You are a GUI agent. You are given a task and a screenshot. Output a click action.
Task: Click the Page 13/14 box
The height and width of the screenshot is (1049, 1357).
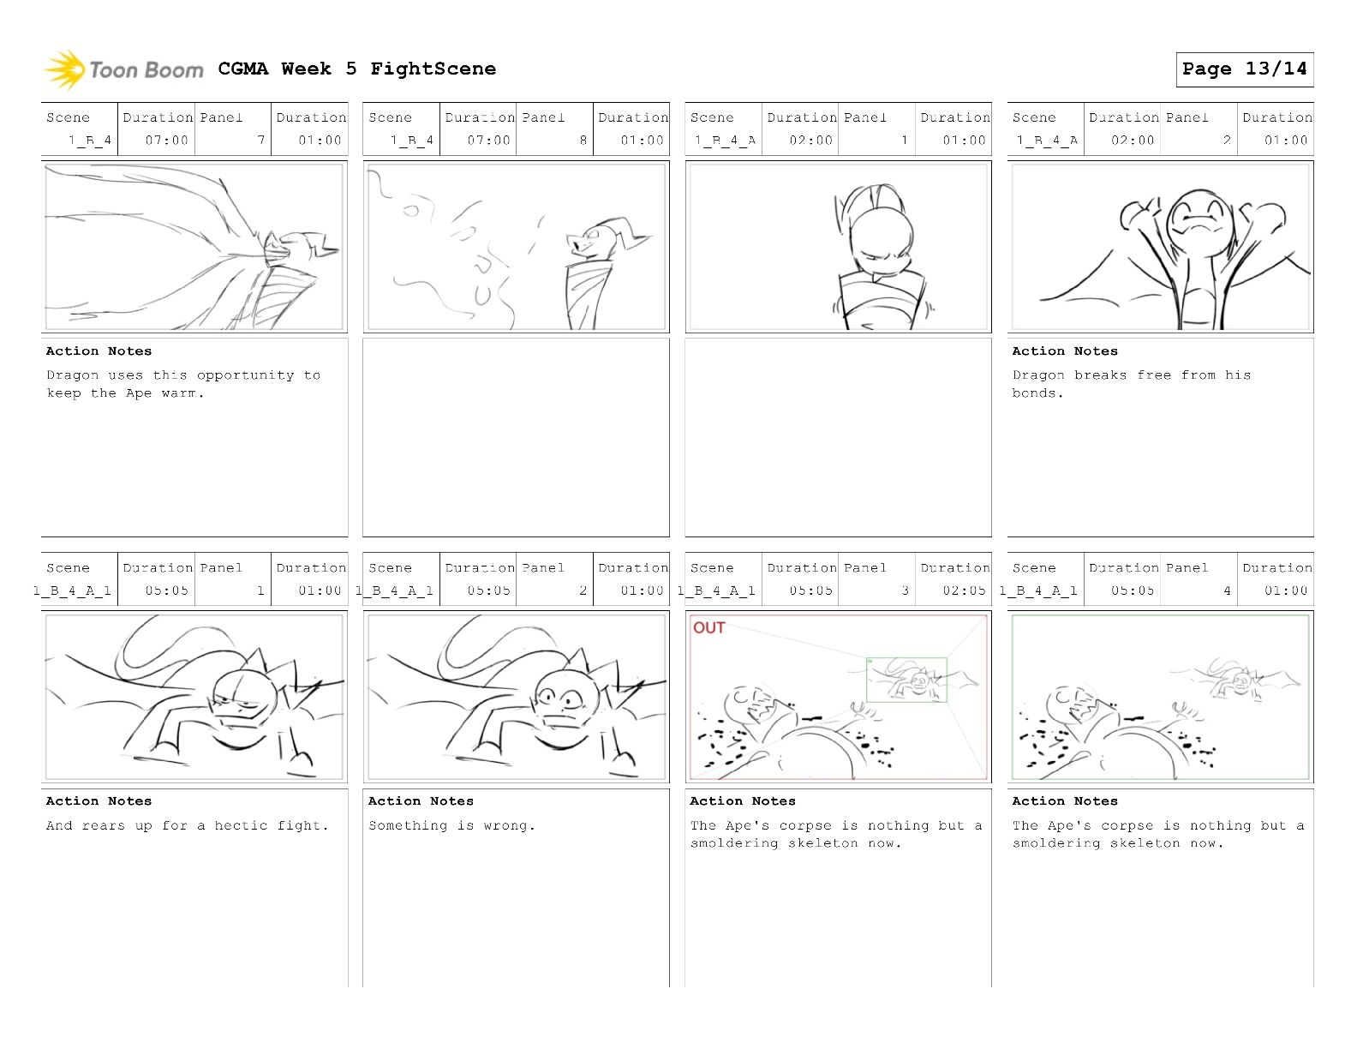coord(1244,69)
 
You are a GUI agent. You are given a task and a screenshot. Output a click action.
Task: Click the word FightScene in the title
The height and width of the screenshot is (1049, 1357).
coord(433,69)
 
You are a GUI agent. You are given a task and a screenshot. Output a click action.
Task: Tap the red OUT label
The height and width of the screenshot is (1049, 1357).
coord(708,627)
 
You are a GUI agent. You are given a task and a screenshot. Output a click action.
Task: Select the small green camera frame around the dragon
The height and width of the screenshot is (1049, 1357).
coord(906,680)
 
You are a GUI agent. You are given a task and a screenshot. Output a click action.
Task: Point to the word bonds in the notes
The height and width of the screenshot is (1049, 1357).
coord(1034,393)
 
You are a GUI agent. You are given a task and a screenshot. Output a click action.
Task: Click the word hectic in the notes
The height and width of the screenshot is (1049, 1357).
coord(241,825)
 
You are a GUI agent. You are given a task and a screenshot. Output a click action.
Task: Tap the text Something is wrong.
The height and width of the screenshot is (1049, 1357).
coord(451,825)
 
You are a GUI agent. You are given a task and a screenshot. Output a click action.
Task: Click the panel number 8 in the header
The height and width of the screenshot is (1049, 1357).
coord(583,140)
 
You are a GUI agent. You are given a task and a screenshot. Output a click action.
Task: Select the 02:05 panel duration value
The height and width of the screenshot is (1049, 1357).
coord(964,590)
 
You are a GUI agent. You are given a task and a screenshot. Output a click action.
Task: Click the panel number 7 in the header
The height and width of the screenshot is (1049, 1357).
coord(261,140)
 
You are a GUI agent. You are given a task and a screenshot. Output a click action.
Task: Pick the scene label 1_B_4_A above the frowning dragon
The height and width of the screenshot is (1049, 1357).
coord(1046,140)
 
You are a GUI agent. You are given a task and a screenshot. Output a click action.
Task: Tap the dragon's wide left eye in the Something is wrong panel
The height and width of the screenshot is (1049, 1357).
coord(547,697)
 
